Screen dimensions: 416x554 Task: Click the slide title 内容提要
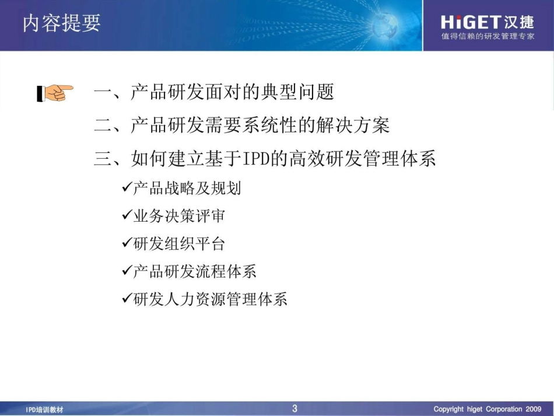pyautogui.click(x=62, y=23)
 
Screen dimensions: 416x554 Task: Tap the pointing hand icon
pyautogui.click(x=55, y=92)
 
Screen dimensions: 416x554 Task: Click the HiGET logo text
pyautogui.click(x=470, y=22)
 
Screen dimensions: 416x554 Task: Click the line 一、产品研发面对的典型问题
pyautogui.click(x=214, y=92)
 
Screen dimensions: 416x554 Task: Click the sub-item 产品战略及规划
pyautogui.click(x=187, y=188)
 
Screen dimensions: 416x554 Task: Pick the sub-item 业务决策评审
pyautogui.click(x=179, y=216)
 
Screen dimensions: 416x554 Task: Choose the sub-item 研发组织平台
pyautogui.click(x=179, y=244)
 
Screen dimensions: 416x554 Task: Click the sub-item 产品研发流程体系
pyautogui.click(x=195, y=271)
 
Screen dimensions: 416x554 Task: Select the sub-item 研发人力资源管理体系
pyautogui.click(x=210, y=299)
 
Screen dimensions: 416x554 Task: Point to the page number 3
pyautogui.click(x=294, y=408)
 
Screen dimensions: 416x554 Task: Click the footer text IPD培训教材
pyautogui.click(x=45, y=410)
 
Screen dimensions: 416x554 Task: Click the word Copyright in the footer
pyautogui.click(x=448, y=409)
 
